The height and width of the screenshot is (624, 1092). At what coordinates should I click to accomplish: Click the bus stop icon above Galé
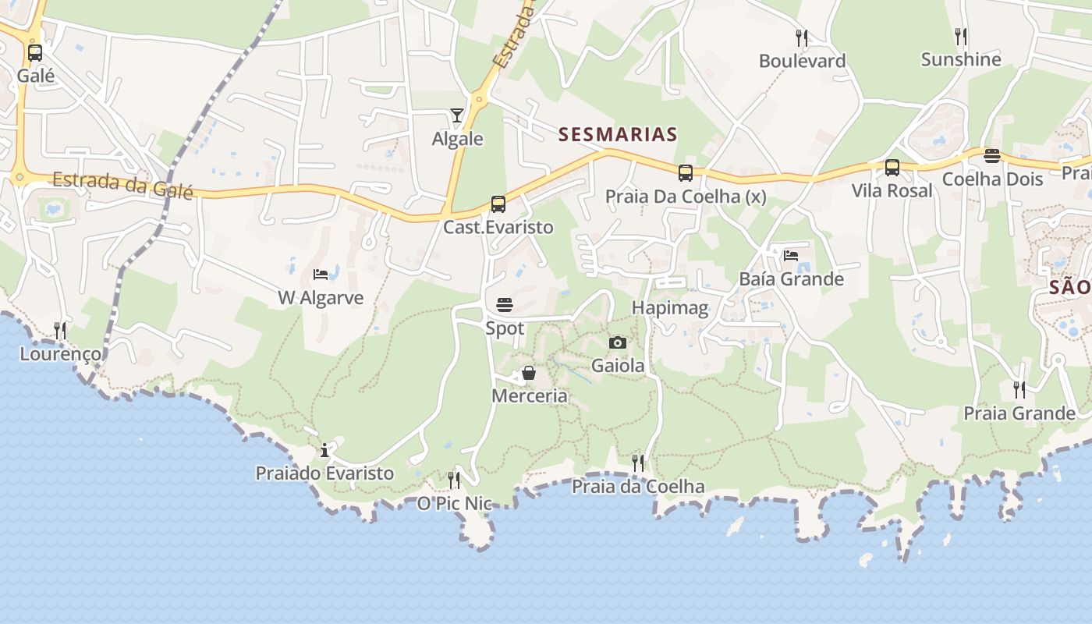(x=35, y=53)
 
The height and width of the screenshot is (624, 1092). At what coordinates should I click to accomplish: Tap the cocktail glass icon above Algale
(x=457, y=116)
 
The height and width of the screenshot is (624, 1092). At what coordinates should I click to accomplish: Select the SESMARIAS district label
(x=618, y=134)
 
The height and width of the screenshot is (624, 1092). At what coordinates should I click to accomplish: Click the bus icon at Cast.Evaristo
(x=498, y=204)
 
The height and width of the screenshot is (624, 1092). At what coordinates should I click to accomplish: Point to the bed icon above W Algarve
(x=321, y=275)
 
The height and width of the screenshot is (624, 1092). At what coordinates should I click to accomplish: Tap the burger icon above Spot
(x=505, y=305)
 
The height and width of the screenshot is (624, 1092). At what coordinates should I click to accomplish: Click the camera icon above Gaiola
(x=618, y=342)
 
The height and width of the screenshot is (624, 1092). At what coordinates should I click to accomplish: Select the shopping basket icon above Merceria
(x=529, y=373)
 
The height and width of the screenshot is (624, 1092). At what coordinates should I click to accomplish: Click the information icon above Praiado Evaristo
(x=325, y=450)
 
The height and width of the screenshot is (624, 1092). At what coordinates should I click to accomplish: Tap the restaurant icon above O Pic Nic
(x=454, y=480)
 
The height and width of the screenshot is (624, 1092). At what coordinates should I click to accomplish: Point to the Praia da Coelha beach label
(x=638, y=487)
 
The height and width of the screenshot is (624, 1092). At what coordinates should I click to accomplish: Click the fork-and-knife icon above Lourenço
(x=60, y=331)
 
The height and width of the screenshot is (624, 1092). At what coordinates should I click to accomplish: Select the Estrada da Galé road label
(x=122, y=185)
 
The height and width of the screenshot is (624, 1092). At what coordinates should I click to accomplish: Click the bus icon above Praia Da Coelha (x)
(x=686, y=173)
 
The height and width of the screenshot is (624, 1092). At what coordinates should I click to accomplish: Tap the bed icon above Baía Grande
(x=791, y=256)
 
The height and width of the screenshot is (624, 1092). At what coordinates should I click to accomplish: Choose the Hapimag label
(x=670, y=307)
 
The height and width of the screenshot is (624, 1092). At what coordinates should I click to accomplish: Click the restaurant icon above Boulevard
(x=801, y=37)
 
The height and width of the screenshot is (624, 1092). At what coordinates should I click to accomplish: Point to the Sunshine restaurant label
(x=961, y=59)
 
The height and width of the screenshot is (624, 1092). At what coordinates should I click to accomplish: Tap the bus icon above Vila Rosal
(x=892, y=168)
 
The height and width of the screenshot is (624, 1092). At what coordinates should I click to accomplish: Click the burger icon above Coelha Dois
(x=992, y=156)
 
